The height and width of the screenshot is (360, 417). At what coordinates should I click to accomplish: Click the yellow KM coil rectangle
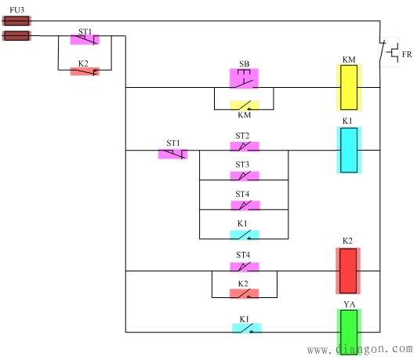click(x=349, y=87)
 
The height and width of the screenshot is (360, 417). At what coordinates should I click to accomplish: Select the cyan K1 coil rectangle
click(x=349, y=150)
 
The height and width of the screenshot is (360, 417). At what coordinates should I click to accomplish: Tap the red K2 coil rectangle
click(x=349, y=271)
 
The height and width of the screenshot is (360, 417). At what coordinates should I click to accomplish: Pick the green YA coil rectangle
click(x=349, y=331)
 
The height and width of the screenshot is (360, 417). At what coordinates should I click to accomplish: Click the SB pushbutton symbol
click(x=244, y=78)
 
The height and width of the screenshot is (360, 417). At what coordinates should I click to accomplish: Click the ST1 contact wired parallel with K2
click(x=85, y=39)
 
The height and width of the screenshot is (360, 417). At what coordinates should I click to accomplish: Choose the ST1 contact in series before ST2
click(x=172, y=154)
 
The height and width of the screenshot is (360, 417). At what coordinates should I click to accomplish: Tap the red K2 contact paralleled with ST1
click(x=85, y=71)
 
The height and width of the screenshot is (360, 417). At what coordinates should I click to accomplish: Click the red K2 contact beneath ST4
click(x=244, y=293)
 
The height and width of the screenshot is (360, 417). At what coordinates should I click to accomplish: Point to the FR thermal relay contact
click(x=387, y=53)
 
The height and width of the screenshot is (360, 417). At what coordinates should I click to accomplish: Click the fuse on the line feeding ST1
click(x=16, y=35)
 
